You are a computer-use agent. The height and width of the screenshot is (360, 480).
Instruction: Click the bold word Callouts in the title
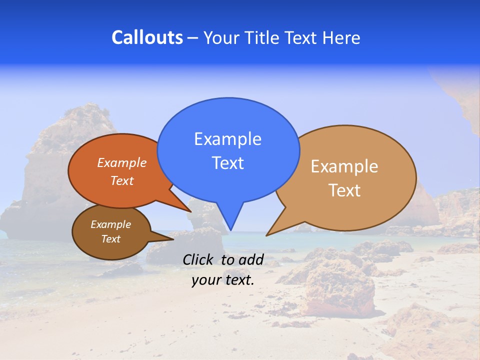click(147, 37)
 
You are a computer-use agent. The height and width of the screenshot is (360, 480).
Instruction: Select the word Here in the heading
click(341, 37)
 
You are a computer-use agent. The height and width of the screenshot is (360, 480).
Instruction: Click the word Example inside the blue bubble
click(227, 139)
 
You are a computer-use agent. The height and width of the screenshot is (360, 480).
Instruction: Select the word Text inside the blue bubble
click(227, 163)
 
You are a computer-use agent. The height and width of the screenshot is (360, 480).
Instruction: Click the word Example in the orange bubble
click(121, 162)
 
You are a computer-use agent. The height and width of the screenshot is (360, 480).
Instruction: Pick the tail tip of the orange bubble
click(190, 211)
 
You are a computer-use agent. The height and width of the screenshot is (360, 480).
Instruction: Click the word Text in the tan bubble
click(344, 190)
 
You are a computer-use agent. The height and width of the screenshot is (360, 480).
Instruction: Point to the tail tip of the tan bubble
click(266, 235)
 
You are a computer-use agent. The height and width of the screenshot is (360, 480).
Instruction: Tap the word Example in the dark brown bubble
click(110, 224)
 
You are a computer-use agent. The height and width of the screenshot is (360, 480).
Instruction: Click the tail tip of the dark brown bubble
click(173, 239)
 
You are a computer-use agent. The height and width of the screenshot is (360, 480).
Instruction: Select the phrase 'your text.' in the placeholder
click(222, 280)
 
